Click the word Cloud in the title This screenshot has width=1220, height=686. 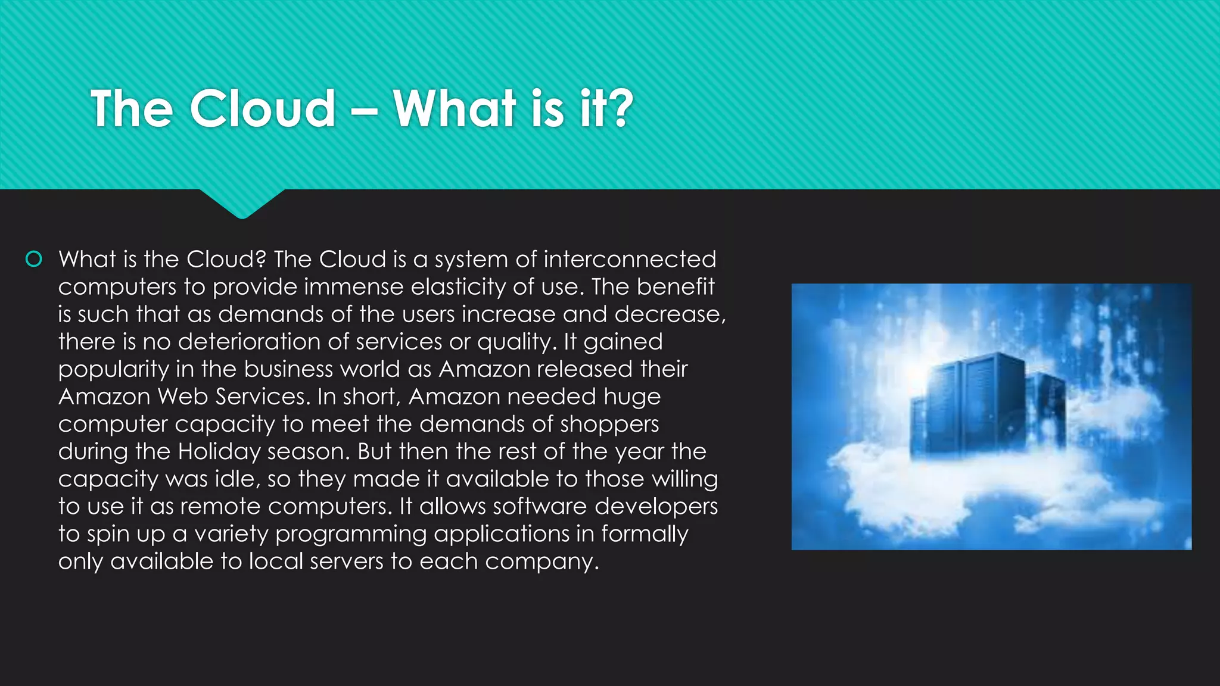click(x=262, y=109)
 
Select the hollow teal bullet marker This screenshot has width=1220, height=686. click(x=34, y=259)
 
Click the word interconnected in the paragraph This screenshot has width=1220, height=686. click(x=630, y=259)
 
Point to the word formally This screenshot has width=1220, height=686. click(x=645, y=534)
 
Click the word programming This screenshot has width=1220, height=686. click(x=351, y=534)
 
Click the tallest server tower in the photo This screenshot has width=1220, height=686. click(x=992, y=405)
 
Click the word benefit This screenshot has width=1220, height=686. click(x=675, y=287)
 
